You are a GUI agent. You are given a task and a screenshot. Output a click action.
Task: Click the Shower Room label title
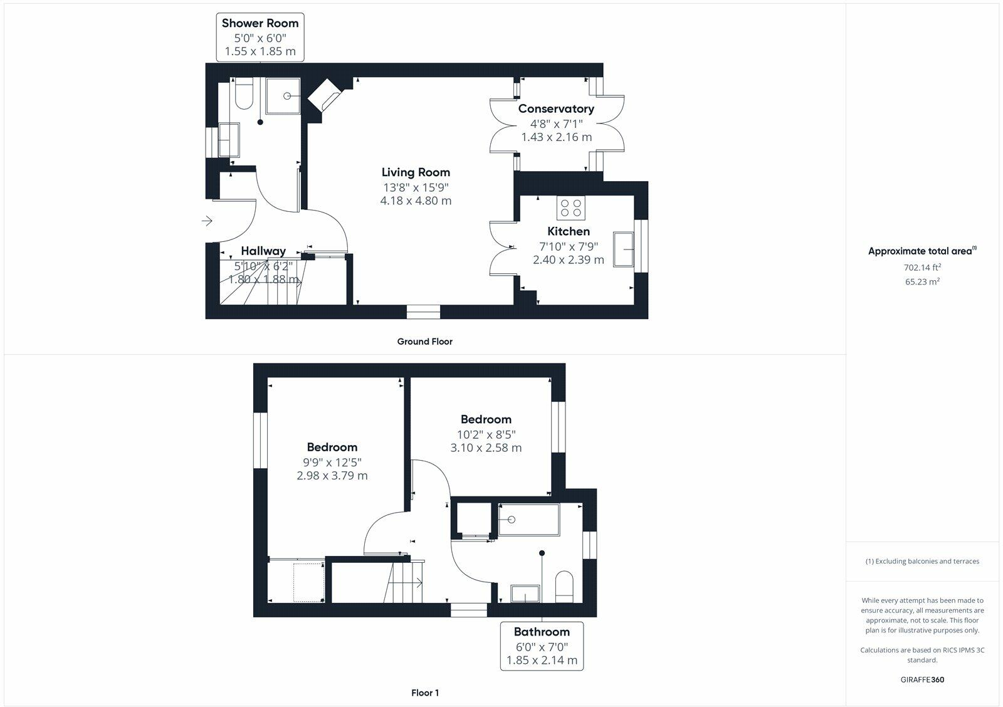pos(260,23)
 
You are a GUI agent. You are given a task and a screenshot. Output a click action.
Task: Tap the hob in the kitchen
pos(571,207)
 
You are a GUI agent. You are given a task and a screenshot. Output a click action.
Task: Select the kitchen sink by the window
pos(624,249)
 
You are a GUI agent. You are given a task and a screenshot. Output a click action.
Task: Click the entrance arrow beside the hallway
pos(207,221)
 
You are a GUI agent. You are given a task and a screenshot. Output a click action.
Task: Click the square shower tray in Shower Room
pos(283,96)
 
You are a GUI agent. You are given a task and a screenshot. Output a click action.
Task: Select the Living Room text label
pos(416,172)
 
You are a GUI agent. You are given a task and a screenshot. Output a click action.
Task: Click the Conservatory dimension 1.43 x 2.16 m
pos(556,137)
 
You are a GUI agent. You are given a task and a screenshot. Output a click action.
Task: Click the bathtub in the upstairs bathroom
pos(529,520)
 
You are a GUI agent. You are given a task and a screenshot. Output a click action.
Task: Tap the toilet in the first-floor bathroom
pos(564,586)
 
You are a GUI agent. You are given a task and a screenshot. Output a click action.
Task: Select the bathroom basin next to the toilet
pos(525,593)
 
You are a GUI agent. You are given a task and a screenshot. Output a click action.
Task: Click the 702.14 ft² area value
pos(922,267)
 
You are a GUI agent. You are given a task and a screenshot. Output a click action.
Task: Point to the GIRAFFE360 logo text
pos(922,679)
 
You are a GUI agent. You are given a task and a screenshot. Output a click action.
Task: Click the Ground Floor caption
pos(424,342)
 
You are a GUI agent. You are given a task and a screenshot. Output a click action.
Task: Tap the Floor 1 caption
pos(424,693)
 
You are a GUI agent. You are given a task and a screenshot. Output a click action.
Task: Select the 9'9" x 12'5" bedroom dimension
pos(332,462)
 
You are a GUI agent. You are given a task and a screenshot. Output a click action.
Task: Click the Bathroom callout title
pos(542,632)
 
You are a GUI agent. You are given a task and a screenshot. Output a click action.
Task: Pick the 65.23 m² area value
pos(922,281)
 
